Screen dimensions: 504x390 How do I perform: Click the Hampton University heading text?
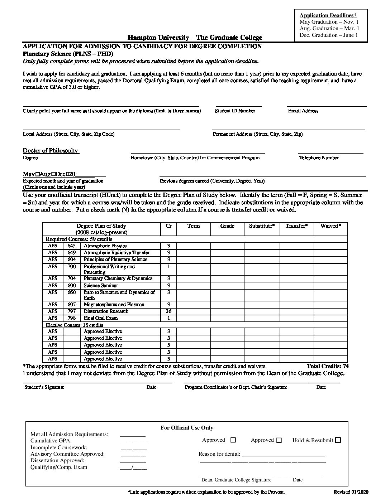[x=195, y=38]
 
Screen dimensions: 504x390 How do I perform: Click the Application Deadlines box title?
[x=328, y=15]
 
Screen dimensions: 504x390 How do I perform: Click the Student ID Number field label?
[x=235, y=111]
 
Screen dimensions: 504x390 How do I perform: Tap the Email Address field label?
[x=303, y=111]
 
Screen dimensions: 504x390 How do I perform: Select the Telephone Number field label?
[x=319, y=157]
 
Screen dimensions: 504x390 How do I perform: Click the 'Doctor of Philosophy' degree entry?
[x=50, y=151]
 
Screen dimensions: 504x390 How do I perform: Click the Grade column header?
[x=227, y=226]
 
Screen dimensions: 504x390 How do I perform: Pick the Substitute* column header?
[x=262, y=226]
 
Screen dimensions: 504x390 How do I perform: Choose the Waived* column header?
[x=330, y=226]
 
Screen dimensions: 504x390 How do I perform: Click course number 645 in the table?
[x=72, y=246]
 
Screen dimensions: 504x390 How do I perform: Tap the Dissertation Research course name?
[x=106, y=311]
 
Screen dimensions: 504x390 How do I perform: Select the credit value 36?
[x=168, y=311]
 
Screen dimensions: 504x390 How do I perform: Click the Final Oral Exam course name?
[x=101, y=318]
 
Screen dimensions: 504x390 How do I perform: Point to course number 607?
[x=72, y=305]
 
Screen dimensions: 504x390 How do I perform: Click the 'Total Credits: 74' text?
[x=328, y=366]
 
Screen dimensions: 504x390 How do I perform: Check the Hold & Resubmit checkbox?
[x=338, y=441]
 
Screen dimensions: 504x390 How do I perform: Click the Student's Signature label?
[x=44, y=387]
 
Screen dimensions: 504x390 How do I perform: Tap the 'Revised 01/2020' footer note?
[x=350, y=492]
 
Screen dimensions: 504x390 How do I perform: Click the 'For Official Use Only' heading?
[x=187, y=428]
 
